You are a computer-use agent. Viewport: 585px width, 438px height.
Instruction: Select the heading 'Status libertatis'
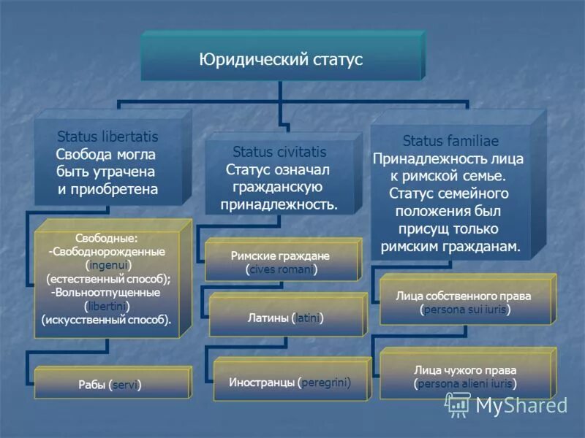click(107, 137)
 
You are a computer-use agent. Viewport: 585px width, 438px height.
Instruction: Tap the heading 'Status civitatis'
click(279, 152)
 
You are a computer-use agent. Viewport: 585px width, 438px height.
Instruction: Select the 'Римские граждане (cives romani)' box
click(281, 263)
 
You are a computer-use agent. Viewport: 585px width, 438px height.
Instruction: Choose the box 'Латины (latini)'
click(287, 318)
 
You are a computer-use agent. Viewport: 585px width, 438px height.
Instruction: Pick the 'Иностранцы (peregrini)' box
click(290, 382)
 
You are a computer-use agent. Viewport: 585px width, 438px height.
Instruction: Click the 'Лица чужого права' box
click(464, 376)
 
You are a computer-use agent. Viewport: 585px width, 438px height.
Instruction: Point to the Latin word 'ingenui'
click(108, 264)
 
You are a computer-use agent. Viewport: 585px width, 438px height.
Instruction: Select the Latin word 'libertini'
click(107, 305)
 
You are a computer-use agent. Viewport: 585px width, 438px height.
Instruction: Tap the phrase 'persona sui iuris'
click(464, 310)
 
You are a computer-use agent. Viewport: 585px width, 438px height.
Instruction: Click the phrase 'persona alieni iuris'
click(464, 383)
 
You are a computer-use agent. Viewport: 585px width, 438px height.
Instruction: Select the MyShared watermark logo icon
click(458, 404)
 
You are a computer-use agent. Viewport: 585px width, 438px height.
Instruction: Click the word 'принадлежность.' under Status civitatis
click(279, 204)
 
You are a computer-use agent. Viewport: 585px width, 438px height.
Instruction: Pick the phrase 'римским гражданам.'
click(450, 247)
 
